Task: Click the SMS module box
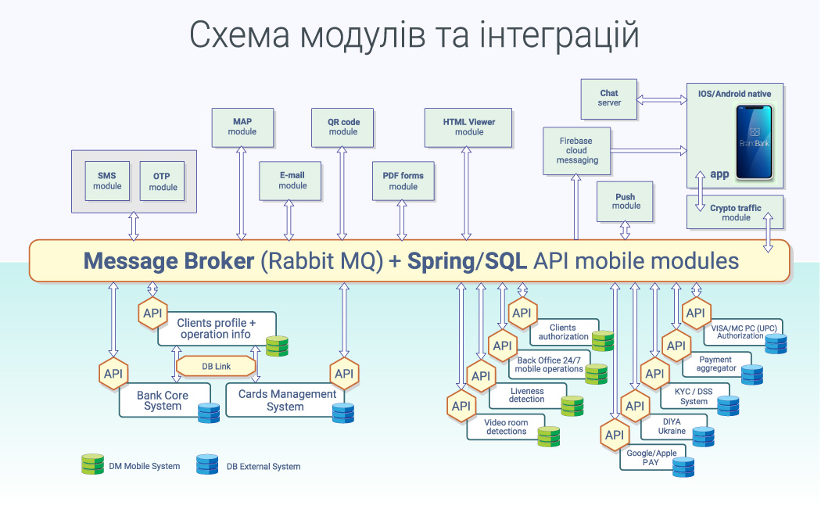click(x=107, y=181)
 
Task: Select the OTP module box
click(x=163, y=181)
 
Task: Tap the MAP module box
click(x=242, y=127)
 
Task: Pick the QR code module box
click(x=342, y=127)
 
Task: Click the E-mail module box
click(x=290, y=181)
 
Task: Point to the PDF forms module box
click(x=403, y=181)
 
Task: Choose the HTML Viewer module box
click(x=468, y=127)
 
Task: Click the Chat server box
click(x=609, y=99)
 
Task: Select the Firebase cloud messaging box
click(x=576, y=151)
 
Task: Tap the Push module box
click(x=625, y=202)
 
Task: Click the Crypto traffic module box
click(x=735, y=212)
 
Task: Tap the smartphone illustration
click(x=755, y=142)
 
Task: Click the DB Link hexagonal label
click(x=217, y=366)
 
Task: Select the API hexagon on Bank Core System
click(x=113, y=374)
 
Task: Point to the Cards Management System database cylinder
click(x=343, y=413)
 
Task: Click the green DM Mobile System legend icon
click(x=93, y=464)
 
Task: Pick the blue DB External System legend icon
click(x=207, y=464)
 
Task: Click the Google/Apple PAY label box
click(x=651, y=457)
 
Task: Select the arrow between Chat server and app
click(x=661, y=99)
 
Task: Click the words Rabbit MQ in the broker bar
click(x=322, y=261)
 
